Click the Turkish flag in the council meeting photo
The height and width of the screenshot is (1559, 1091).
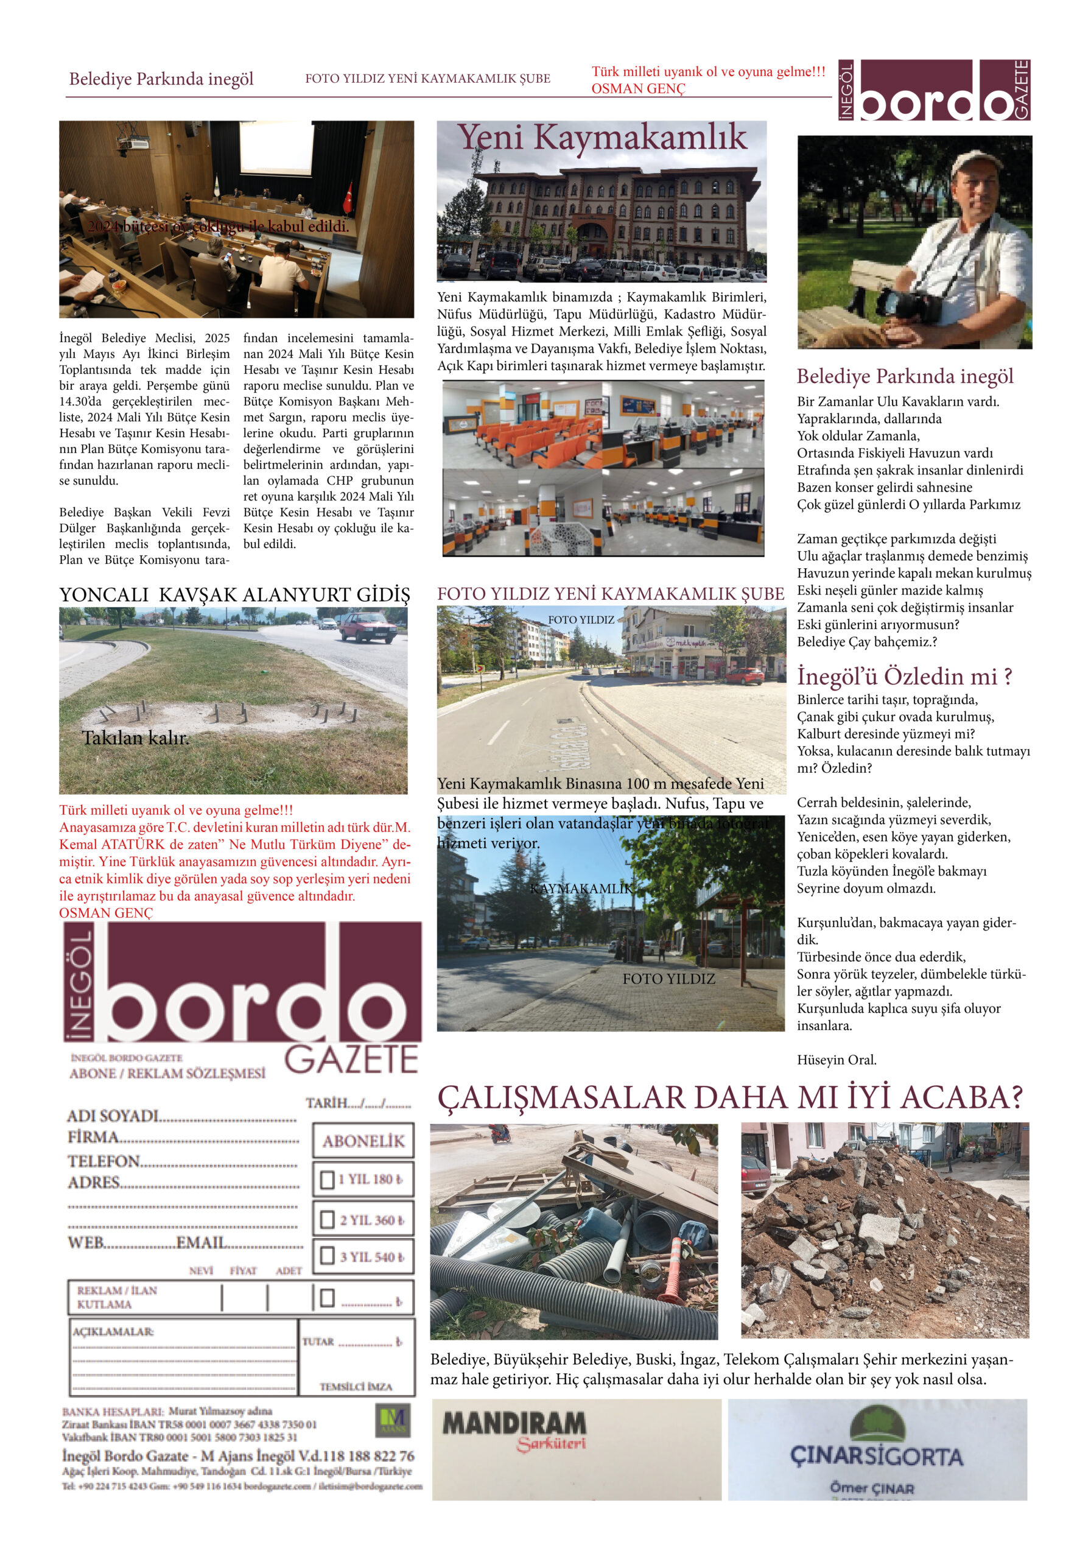349,195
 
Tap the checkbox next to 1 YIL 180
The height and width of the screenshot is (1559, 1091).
327,1179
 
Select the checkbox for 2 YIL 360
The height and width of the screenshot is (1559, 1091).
327,1220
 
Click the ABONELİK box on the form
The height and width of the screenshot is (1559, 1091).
363,1141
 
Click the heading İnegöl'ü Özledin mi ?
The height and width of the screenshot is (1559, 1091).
904,677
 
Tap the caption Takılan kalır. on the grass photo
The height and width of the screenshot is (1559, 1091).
135,737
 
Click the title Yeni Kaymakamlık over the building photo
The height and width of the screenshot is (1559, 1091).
602,137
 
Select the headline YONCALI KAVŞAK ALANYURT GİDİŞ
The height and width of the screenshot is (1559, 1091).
234,595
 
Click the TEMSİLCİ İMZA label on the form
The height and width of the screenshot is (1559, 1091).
356,1387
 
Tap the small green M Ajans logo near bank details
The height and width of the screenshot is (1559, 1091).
393,1421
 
